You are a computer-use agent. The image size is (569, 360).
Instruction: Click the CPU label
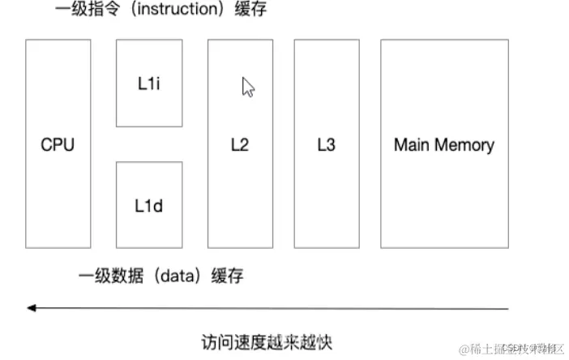click(58, 145)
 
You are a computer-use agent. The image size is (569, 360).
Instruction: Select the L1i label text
click(148, 84)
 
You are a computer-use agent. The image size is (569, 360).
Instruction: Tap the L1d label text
click(148, 205)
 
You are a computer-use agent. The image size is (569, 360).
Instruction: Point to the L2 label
click(239, 145)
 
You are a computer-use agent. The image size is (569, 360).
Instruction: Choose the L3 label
click(326, 145)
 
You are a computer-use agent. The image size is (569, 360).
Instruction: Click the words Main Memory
click(443, 145)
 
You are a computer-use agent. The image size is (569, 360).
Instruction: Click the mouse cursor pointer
click(248, 87)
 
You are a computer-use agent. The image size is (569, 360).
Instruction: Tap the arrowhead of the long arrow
click(31, 308)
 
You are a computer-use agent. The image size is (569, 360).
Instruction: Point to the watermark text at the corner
click(511, 349)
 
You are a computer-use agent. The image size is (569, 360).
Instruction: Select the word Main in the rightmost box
click(411, 145)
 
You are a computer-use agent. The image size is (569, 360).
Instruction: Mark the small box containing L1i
click(148, 83)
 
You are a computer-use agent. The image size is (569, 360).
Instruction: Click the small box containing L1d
click(148, 204)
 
